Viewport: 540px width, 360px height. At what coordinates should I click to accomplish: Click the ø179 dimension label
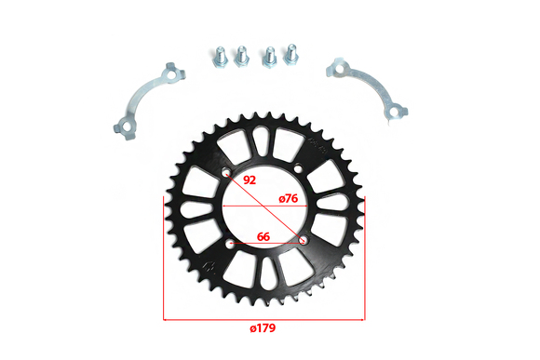click(263, 328)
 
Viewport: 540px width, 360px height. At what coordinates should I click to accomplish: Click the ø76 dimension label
click(289, 198)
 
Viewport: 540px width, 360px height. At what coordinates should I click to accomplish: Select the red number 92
click(250, 180)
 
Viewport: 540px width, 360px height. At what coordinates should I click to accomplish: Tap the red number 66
click(263, 237)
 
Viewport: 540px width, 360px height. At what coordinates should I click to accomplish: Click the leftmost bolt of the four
click(220, 59)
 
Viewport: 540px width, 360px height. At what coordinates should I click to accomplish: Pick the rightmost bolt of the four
click(290, 54)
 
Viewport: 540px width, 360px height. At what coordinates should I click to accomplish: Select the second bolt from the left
click(241, 56)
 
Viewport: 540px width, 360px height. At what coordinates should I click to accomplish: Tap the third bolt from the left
click(269, 58)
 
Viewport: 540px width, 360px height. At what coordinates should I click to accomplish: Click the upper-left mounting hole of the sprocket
click(226, 172)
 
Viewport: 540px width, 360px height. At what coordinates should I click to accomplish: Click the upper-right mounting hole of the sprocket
click(298, 168)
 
